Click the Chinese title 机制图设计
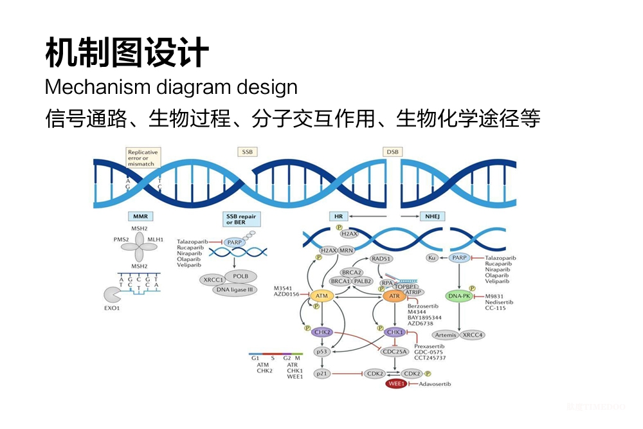tap(127, 53)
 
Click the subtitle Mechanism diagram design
tap(171, 87)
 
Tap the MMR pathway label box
tap(140, 216)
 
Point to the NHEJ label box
tap(431, 216)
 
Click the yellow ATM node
tap(322, 296)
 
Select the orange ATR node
tap(394, 296)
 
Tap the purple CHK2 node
tap(322, 333)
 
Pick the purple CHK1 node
tap(394, 333)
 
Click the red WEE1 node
tap(396, 384)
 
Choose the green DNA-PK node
tap(459, 296)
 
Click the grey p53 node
tap(322, 352)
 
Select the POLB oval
tap(240, 275)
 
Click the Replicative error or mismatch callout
tap(142, 158)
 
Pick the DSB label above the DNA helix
tap(392, 152)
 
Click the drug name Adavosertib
tap(435, 384)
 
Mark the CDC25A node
tap(395, 352)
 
